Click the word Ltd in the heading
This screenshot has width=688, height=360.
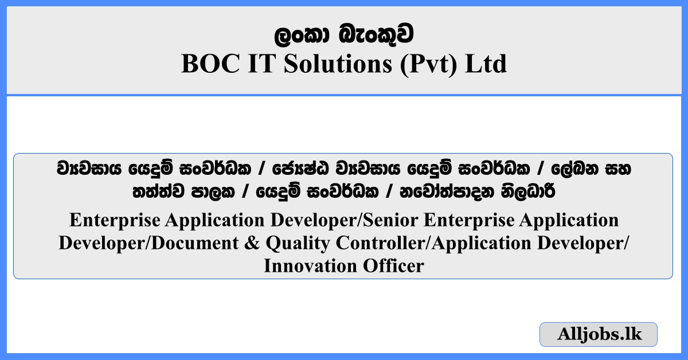pyautogui.click(x=486, y=64)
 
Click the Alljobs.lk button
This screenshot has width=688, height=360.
pyautogui.click(x=598, y=334)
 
